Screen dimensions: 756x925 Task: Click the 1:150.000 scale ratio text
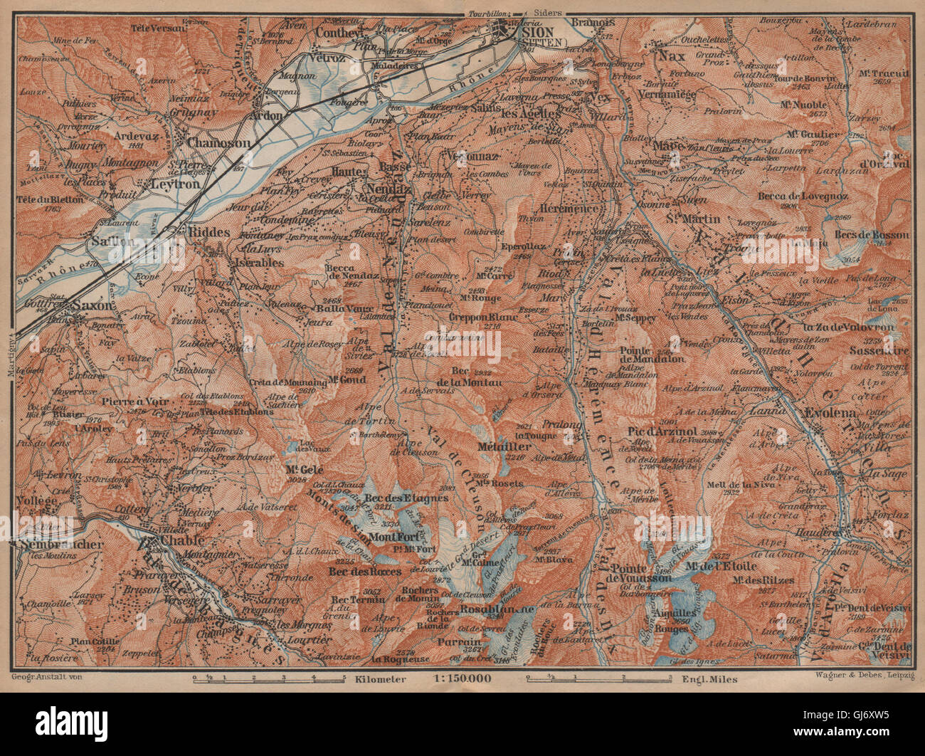click(x=462, y=678)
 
